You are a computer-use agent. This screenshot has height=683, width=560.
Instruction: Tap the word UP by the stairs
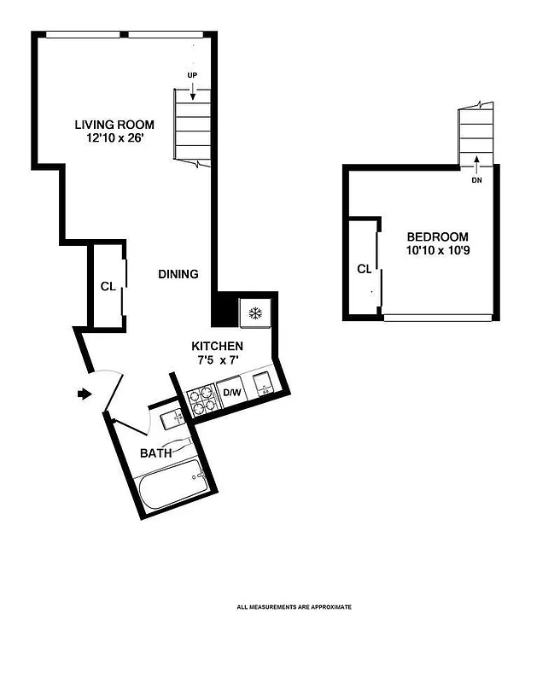click(192, 75)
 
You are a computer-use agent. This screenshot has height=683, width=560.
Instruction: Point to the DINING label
click(178, 274)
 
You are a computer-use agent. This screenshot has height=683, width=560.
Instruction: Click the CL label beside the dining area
click(108, 287)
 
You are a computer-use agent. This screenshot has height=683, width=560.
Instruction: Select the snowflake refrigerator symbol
click(254, 313)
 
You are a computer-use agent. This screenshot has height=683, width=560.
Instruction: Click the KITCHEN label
click(217, 346)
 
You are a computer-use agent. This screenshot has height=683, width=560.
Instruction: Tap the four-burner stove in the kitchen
click(201, 400)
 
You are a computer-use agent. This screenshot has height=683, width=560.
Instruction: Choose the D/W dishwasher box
click(233, 393)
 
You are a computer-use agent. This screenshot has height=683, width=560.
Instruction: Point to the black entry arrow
click(83, 394)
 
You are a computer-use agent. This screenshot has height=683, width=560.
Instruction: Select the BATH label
click(156, 452)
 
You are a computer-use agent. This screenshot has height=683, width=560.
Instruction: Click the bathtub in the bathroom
click(173, 484)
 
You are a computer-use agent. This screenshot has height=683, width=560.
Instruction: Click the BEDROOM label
click(437, 236)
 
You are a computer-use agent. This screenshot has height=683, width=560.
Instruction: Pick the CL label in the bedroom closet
click(365, 269)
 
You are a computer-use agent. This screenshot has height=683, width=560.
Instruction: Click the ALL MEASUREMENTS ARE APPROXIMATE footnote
click(294, 607)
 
